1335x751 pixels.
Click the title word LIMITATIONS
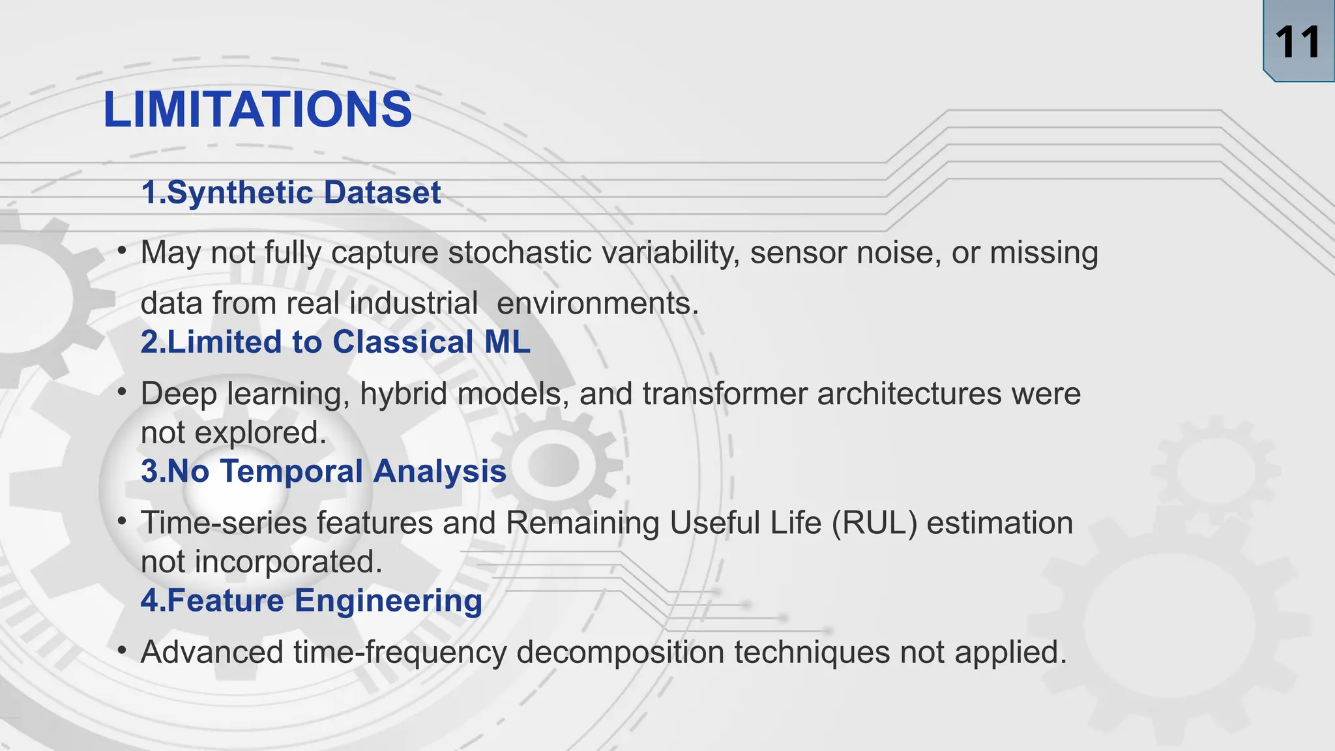pos(257,110)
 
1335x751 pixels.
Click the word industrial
pos(413,304)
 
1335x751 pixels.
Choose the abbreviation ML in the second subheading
pos(507,342)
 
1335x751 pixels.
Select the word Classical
pos(403,342)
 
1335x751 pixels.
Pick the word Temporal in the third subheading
pos(291,471)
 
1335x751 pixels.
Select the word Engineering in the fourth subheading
pos(389,600)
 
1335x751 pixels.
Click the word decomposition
pos(620,652)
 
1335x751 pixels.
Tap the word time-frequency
pos(400,652)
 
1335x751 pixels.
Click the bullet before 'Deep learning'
pos(121,392)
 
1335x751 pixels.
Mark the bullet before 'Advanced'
pos(121,650)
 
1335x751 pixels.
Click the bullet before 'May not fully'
pos(121,251)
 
